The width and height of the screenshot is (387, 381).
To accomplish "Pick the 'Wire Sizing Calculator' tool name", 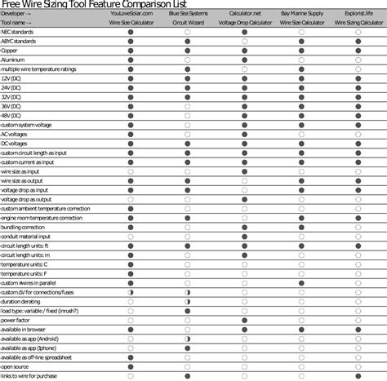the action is click(x=358, y=24).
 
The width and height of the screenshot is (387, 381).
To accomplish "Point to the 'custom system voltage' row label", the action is click(x=27, y=124).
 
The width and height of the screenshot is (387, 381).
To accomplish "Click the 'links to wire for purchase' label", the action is click(x=30, y=375).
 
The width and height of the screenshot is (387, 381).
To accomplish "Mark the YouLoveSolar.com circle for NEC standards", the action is click(x=131, y=33).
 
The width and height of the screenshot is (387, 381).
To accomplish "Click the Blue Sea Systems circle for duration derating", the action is click(x=188, y=301).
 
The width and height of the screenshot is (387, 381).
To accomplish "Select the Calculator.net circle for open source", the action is click(x=245, y=366).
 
